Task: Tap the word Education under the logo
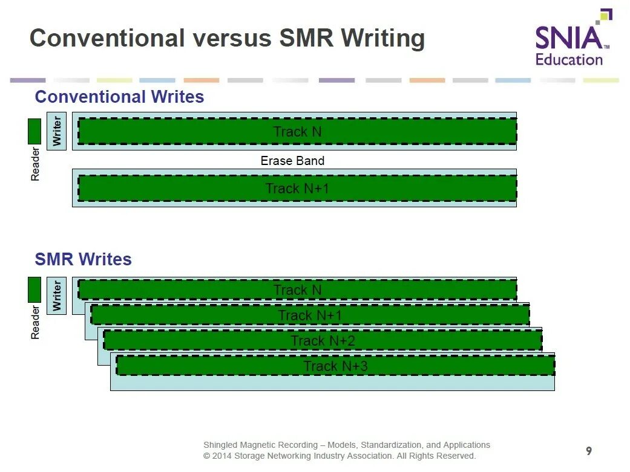tap(569, 60)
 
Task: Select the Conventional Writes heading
tap(119, 97)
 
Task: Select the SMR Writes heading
tap(83, 259)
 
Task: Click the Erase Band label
tap(292, 161)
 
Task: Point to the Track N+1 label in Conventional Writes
tap(297, 189)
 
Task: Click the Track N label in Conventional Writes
tap(297, 132)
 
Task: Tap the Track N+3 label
tap(335, 366)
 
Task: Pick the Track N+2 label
tap(323, 341)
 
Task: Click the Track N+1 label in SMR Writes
tap(310, 315)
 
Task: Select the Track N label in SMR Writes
tap(297, 290)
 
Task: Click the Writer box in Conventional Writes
tap(56, 131)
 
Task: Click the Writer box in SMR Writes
tap(56, 296)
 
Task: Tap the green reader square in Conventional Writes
tap(34, 131)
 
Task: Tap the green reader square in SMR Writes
tap(34, 289)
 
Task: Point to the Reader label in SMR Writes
tap(35, 322)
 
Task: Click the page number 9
tap(589, 451)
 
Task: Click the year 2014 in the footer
tap(222, 456)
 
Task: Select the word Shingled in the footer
tap(222, 445)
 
